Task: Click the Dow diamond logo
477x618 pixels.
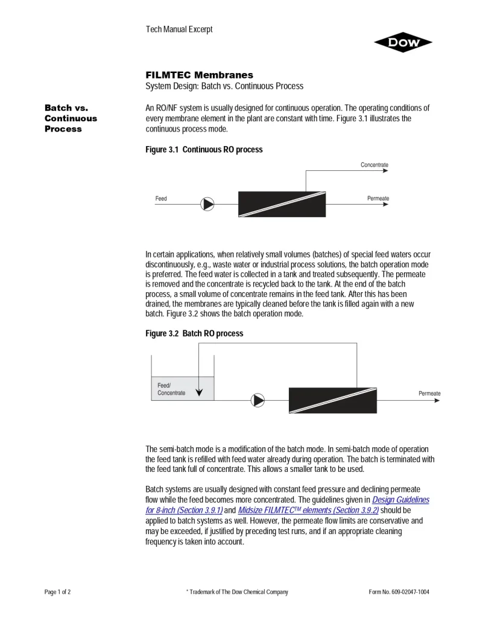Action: (403, 42)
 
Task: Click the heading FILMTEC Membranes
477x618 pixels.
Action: (199, 75)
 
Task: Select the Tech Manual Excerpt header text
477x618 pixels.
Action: (179, 29)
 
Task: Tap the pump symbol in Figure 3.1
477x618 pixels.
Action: (207, 204)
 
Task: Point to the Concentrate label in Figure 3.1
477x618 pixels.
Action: (374, 165)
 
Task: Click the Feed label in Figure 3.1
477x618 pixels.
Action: (161, 199)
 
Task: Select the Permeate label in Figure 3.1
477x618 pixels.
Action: (377, 199)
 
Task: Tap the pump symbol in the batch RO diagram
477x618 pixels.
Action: (258, 400)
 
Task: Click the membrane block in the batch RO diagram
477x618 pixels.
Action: (332, 400)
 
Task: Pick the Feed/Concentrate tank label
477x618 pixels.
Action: (171, 389)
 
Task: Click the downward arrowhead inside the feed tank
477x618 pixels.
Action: (200, 393)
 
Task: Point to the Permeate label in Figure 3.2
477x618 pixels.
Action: (429, 393)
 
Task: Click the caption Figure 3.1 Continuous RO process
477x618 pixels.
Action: (204, 150)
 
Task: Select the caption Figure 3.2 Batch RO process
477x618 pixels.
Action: (194, 334)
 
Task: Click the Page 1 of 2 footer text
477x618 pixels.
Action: (58, 592)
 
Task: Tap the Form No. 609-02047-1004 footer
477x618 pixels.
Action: (399, 592)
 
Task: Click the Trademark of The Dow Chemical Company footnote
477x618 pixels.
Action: (237, 592)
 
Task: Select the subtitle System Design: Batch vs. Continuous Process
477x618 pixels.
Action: (224, 86)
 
